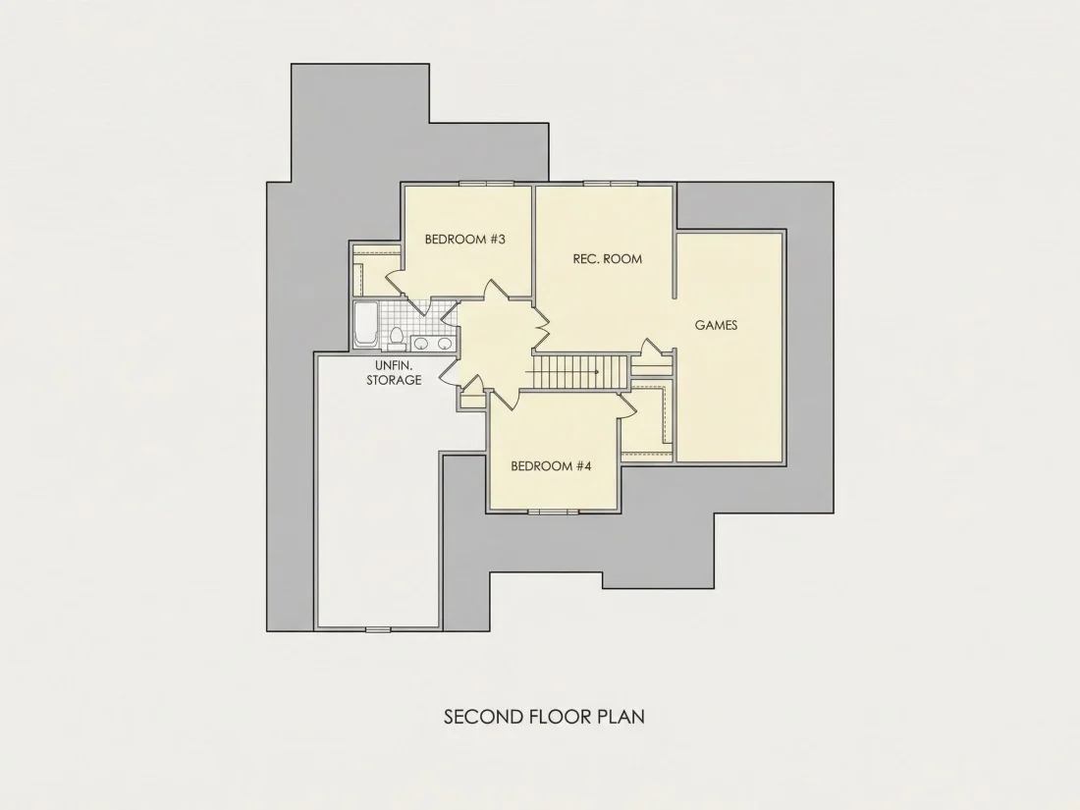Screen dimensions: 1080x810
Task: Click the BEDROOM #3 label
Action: point(465,239)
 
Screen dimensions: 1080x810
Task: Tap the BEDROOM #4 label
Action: point(551,466)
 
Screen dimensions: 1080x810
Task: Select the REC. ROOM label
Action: point(608,259)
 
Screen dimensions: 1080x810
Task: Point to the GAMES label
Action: point(716,325)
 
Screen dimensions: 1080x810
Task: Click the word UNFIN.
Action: point(394,365)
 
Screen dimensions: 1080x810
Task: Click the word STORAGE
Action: point(394,380)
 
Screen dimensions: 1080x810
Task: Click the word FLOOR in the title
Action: point(560,717)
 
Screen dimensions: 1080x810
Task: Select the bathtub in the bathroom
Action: point(365,325)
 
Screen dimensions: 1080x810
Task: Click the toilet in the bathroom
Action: point(396,338)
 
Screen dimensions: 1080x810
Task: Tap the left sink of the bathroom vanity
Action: point(420,343)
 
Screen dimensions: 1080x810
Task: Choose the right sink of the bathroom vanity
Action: point(445,343)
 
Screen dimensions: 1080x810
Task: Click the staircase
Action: point(581,372)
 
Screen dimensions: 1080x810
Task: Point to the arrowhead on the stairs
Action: point(596,372)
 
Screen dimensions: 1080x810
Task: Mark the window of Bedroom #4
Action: point(554,512)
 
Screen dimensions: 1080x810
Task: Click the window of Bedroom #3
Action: point(486,184)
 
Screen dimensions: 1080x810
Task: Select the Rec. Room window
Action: point(611,184)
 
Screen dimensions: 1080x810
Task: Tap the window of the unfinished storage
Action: point(377,628)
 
